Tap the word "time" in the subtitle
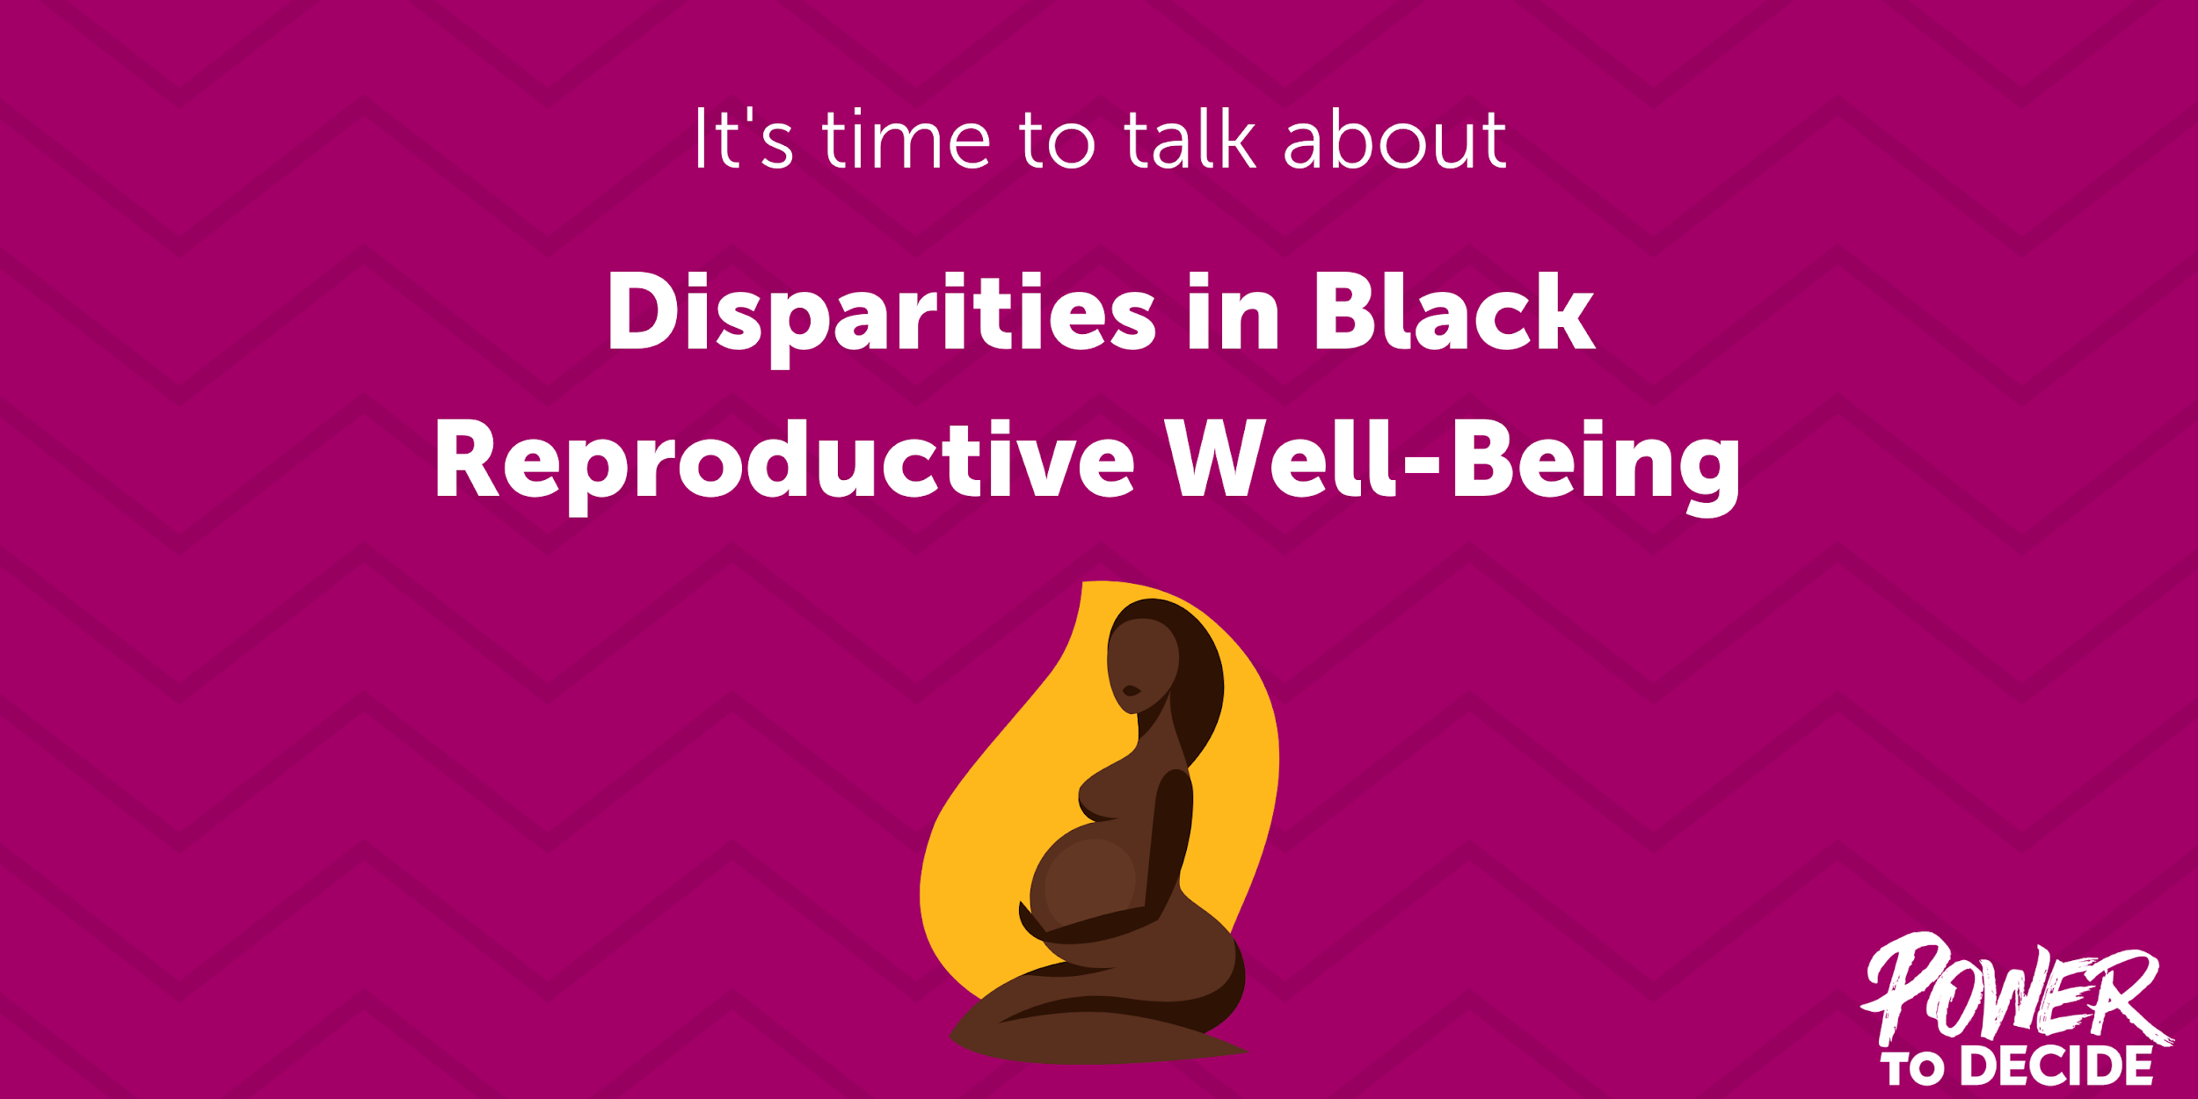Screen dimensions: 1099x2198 [x=906, y=139]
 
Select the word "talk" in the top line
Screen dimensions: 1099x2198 [x=1190, y=139]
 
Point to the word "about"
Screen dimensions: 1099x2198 [x=1395, y=139]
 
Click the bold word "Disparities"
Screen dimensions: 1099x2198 [x=880, y=312]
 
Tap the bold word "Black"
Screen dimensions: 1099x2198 [x=1453, y=312]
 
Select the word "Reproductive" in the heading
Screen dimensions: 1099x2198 [x=785, y=460]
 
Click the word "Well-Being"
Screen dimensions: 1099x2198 [x=1452, y=460]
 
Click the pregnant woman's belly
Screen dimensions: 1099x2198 [x=1090, y=879]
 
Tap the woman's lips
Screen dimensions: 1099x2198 [x=1131, y=691]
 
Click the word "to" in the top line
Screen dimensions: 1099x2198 [x=1057, y=139]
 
